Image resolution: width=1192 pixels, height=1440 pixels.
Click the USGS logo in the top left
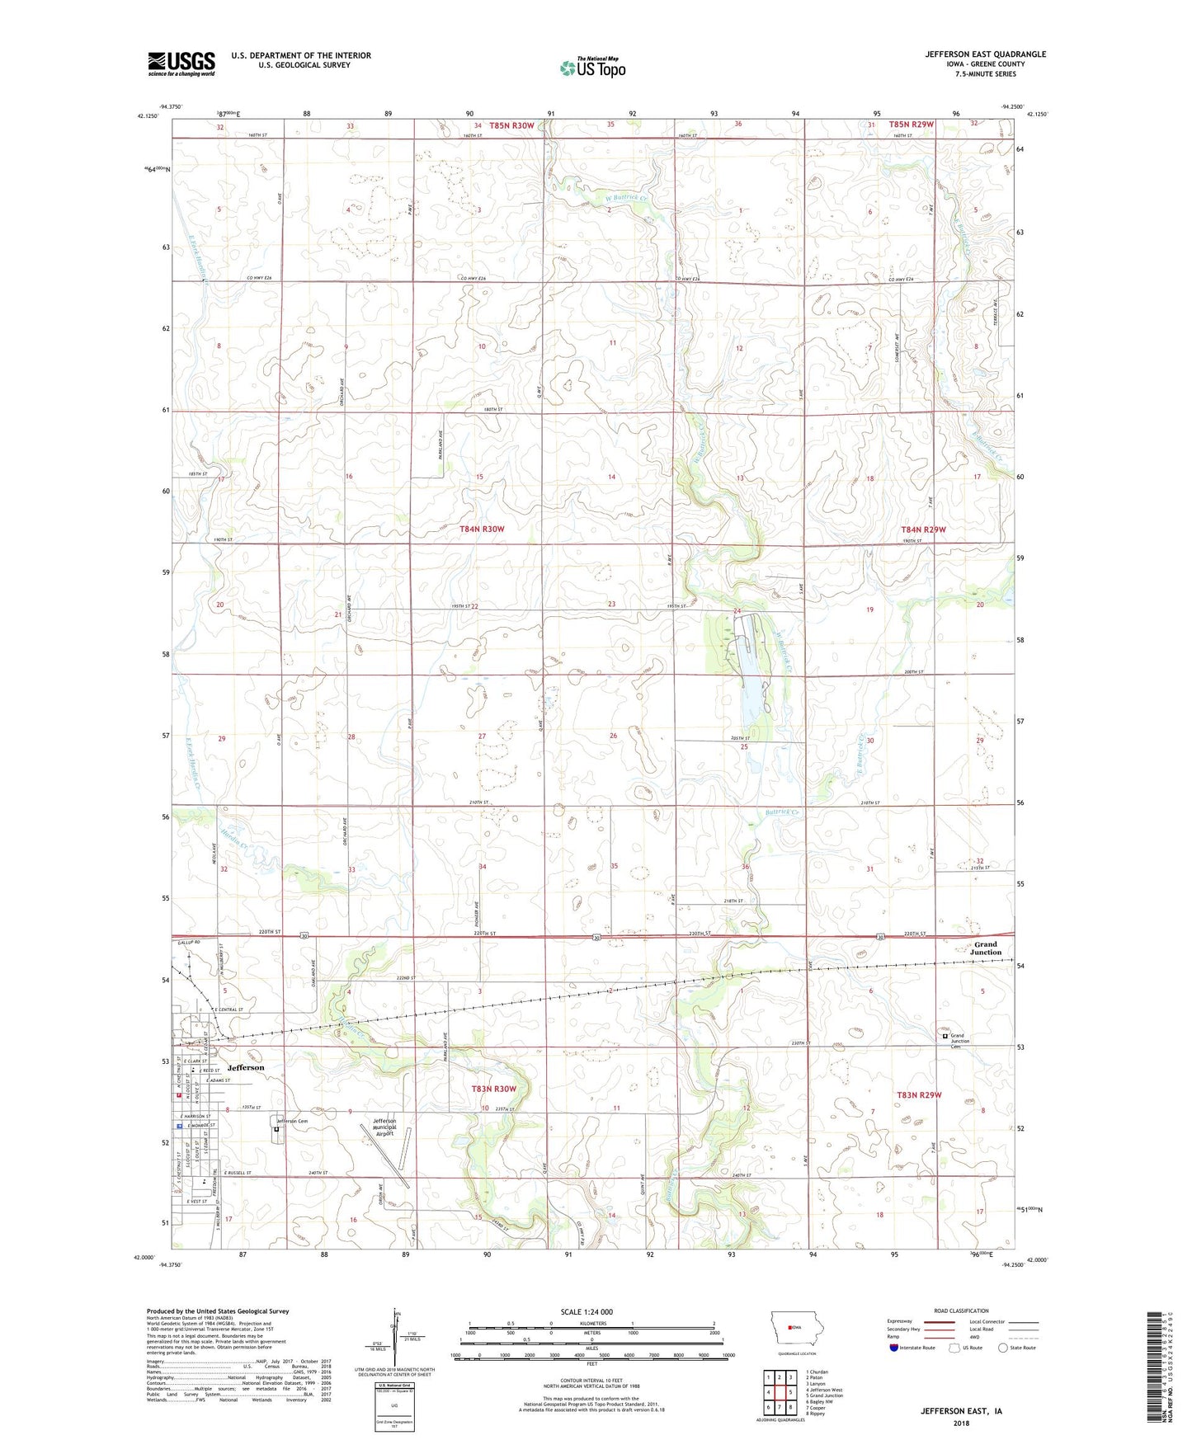point(181,64)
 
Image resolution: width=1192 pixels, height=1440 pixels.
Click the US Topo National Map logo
point(591,67)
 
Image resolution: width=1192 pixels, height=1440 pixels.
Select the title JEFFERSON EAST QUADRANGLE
point(985,54)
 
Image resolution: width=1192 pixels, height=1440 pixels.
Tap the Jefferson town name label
point(246,1067)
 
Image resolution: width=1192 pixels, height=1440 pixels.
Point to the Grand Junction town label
point(985,948)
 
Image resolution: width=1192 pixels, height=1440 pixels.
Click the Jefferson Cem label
point(291,1121)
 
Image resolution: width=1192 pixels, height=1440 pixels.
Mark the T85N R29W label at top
point(912,125)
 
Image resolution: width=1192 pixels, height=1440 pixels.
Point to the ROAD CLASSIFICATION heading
point(962,1311)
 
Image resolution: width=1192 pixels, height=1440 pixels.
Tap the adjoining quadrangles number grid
point(779,1392)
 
